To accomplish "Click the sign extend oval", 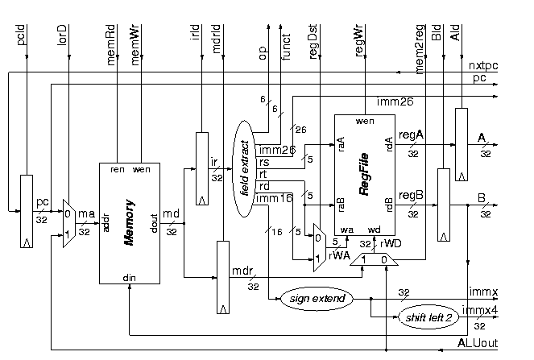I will (x=316, y=299).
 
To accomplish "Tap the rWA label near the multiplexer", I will (x=339, y=257).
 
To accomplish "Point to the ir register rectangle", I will (x=201, y=169).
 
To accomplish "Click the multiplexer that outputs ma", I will (x=68, y=224).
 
